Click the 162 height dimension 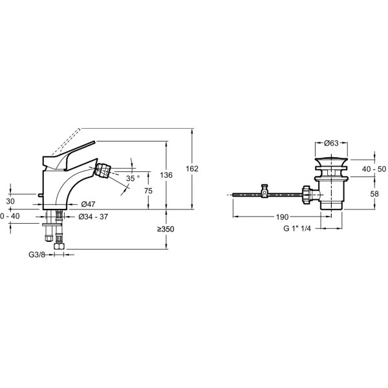[191, 169]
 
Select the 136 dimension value [166, 175]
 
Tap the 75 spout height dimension [148, 191]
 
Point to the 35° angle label [133, 178]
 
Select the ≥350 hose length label [166, 229]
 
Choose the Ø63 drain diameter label [332, 143]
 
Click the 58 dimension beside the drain [374, 193]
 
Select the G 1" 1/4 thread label [298, 228]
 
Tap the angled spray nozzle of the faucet [103, 171]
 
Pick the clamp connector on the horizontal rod [264, 192]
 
